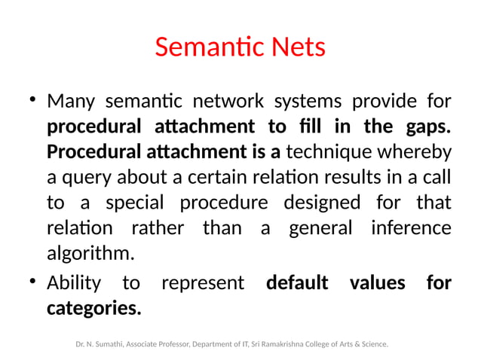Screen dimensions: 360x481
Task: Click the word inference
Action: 411,229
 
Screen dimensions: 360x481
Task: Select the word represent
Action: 203,283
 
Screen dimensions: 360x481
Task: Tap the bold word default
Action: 297,283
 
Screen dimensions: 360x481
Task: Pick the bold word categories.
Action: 93,309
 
